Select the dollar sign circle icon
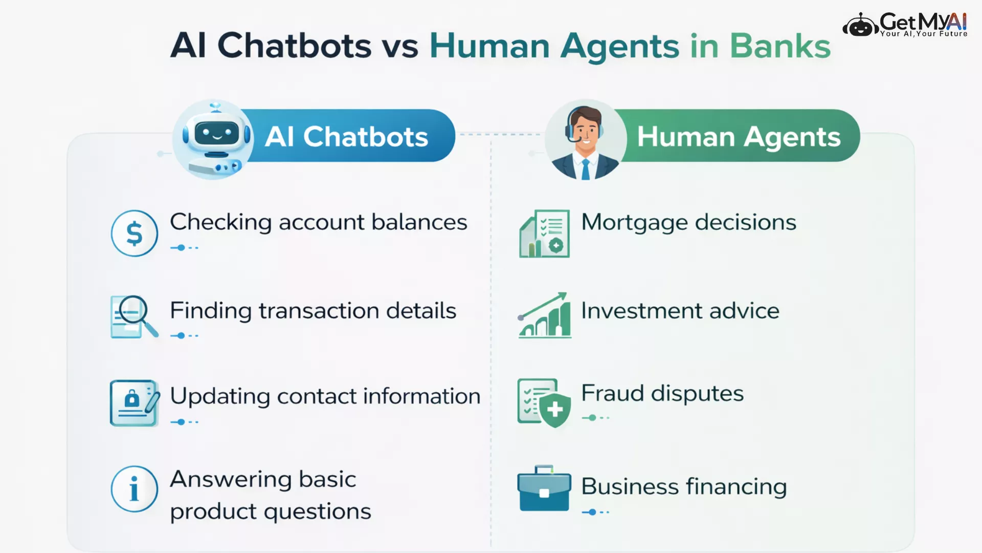(x=135, y=233)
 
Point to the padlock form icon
(x=135, y=403)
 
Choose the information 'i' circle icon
(x=135, y=489)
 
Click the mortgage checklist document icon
(x=544, y=233)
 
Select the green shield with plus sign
(x=555, y=410)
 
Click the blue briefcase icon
(x=544, y=488)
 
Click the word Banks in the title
(x=780, y=46)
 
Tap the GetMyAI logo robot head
(x=860, y=25)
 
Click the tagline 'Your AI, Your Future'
(x=924, y=34)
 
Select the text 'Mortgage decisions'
(x=689, y=223)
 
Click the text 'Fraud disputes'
(x=662, y=393)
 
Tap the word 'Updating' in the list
(x=220, y=397)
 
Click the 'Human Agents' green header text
(x=739, y=137)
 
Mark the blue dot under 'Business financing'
(x=592, y=512)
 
